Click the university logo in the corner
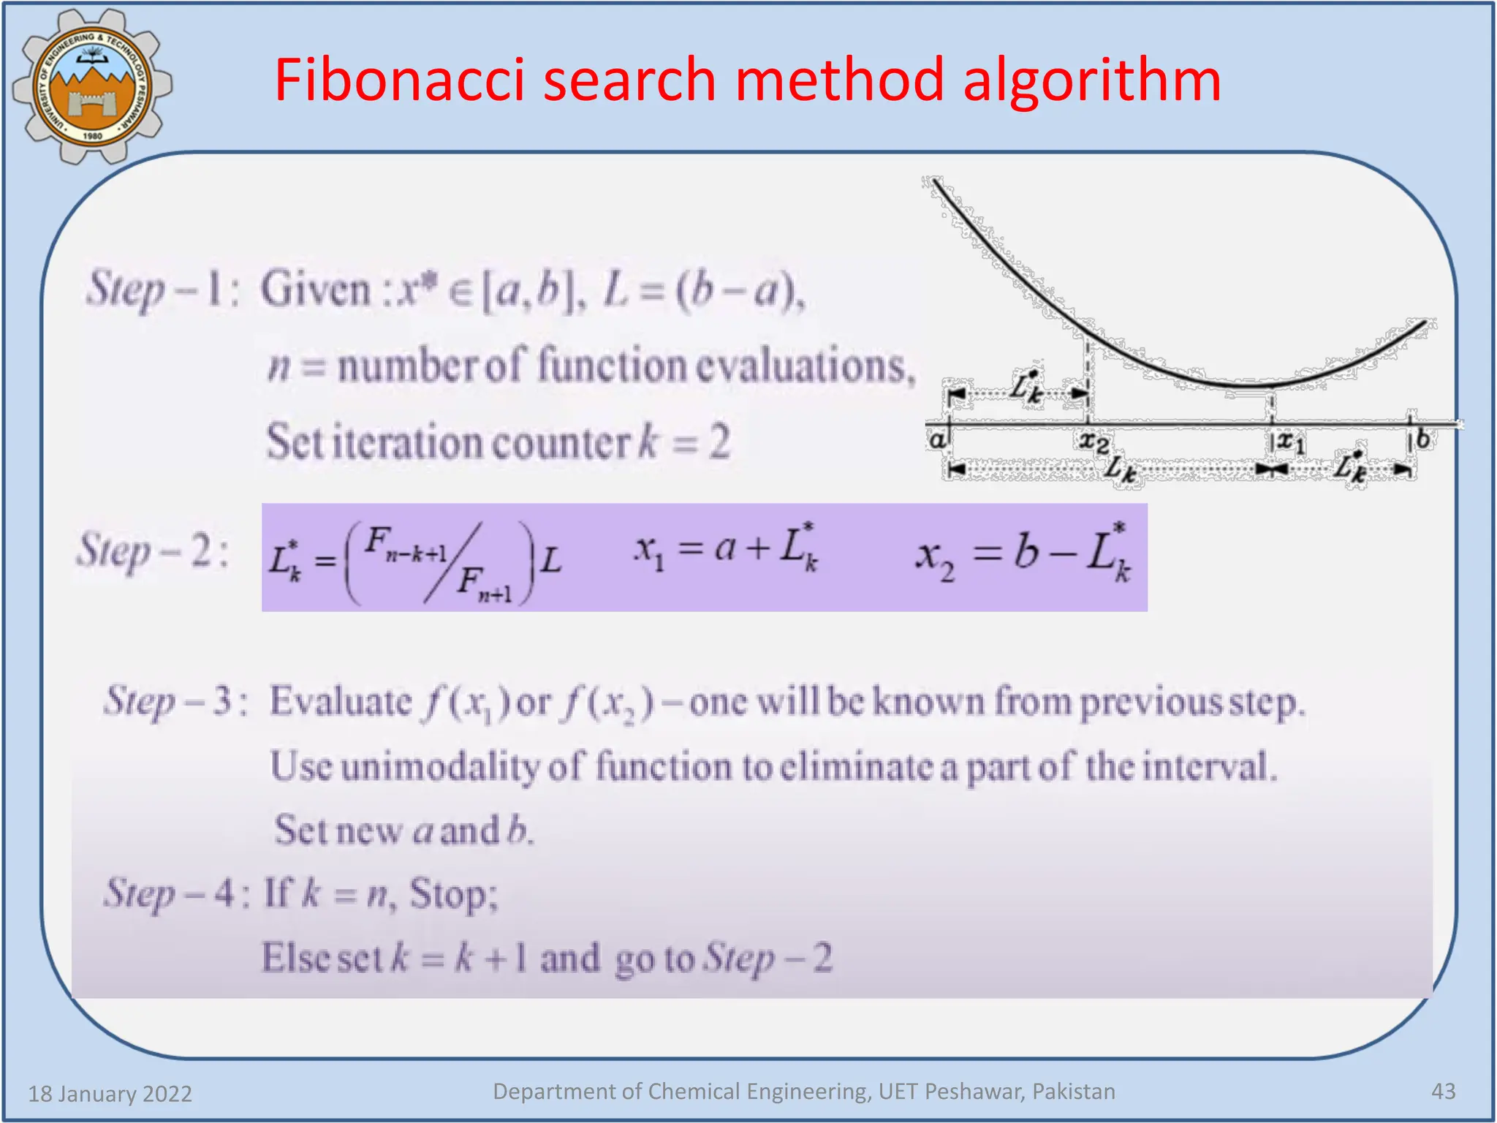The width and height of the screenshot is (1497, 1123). pos(92,86)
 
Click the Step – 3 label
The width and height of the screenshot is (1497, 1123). pos(175,702)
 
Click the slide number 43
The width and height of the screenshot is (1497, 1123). pos(1443,1092)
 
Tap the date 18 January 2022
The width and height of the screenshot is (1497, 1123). pos(110,1094)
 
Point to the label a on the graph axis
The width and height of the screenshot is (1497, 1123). pos(936,440)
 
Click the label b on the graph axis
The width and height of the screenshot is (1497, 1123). pos(1422,439)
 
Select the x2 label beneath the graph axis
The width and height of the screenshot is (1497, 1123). pos(1094,442)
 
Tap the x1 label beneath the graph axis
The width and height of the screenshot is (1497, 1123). pos(1289,442)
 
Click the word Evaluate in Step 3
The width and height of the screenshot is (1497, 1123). pos(341,702)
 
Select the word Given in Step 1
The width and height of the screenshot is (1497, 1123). pos(316,290)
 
